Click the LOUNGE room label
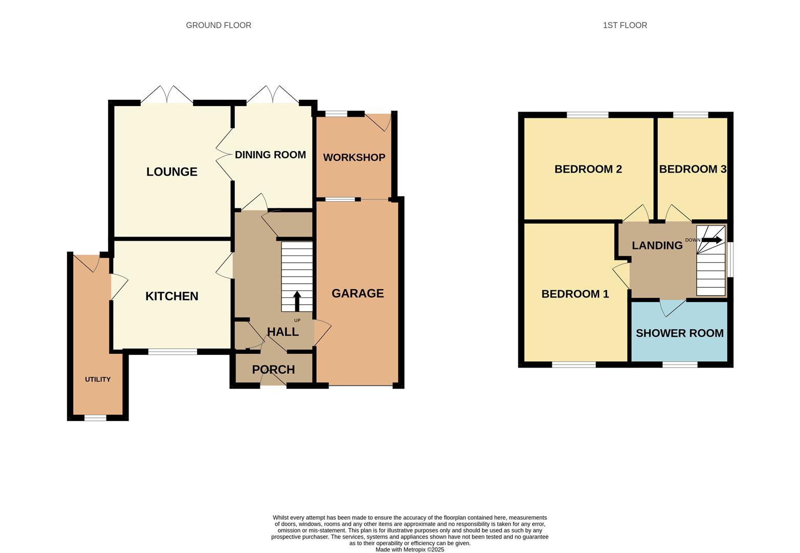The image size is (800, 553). pyautogui.click(x=171, y=172)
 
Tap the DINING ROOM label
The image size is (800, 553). pyautogui.click(x=270, y=155)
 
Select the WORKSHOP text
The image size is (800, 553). pyautogui.click(x=354, y=158)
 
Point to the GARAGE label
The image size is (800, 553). pyautogui.click(x=357, y=293)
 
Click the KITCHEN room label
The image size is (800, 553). pyautogui.click(x=171, y=296)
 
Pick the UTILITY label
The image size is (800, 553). pyautogui.click(x=98, y=379)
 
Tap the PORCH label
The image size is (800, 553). pyautogui.click(x=273, y=370)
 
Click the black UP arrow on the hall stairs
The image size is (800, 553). pyautogui.click(x=297, y=302)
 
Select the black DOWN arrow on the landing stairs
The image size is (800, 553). pyautogui.click(x=712, y=240)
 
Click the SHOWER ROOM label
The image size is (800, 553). pyautogui.click(x=679, y=333)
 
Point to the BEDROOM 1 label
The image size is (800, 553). pyautogui.click(x=575, y=294)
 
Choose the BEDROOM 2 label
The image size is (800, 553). pyautogui.click(x=588, y=169)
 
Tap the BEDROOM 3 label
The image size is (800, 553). pyautogui.click(x=692, y=169)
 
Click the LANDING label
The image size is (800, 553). pyautogui.click(x=657, y=245)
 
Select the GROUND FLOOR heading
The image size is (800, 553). pyautogui.click(x=219, y=25)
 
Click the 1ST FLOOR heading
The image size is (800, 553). pyautogui.click(x=624, y=25)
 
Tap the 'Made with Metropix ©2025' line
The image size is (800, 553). pyautogui.click(x=409, y=549)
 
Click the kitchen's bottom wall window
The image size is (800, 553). pyautogui.click(x=172, y=352)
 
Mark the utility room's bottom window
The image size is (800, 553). pyautogui.click(x=95, y=418)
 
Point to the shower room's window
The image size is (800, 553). pyautogui.click(x=680, y=365)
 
